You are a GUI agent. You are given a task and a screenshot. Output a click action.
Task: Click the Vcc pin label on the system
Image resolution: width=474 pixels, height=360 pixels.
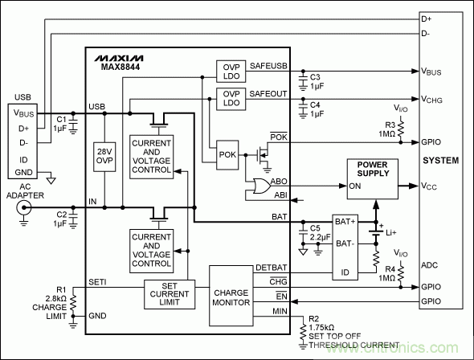point(430,187)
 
